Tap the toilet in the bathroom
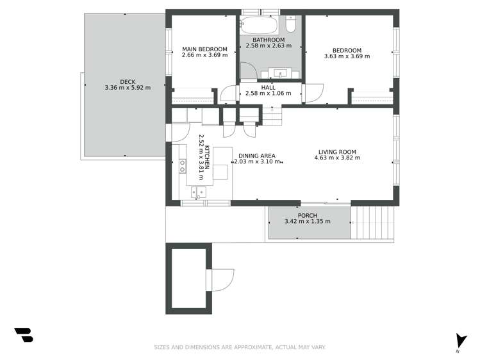pos(290,24)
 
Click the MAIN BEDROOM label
pos(204,49)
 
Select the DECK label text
pos(128,81)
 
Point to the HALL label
pos(268,87)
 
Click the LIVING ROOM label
pos(337,152)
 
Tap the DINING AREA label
pos(257,156)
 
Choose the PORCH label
pos(308,215)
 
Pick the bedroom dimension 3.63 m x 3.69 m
pos(347,56)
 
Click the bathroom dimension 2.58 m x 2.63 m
pos(269,45)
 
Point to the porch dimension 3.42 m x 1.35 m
pos(308,222)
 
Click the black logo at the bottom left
pos(24,334)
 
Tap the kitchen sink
pos(199,192)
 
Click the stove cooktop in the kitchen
pos(183,167)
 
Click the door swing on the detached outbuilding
pos(222,280)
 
